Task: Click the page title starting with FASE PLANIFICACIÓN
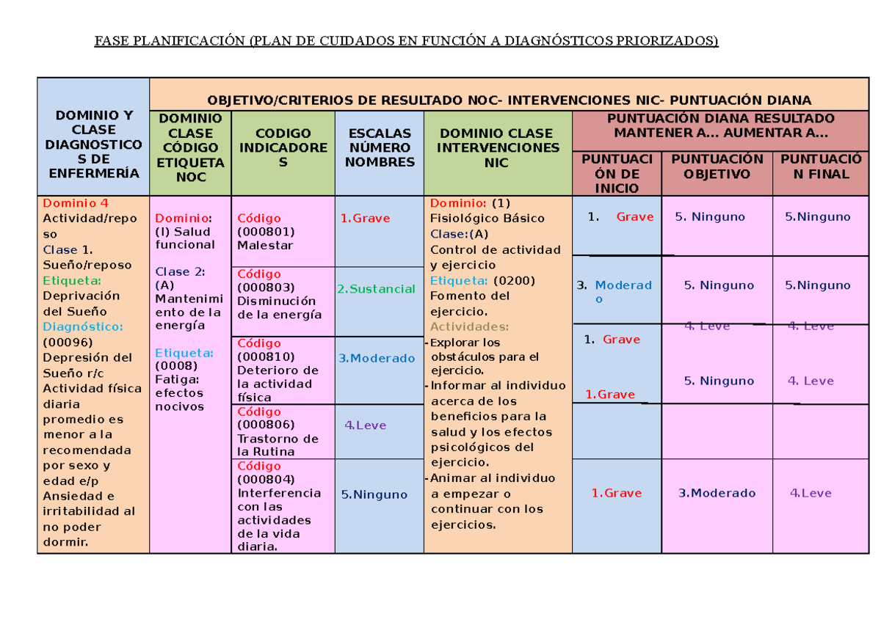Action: pyautogui.click(x=406, y=41)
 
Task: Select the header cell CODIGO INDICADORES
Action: pyautogui.click(x=283, y=147)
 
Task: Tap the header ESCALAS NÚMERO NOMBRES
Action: pyautogui.click(x=380, y=147)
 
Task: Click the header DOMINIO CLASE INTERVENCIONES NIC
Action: pyautogui.click(x=496, y=147)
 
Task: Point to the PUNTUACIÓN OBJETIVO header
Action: pyautogui.click(x=717, y=167)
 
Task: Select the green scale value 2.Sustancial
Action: pyautogui.click(x=376, y=289)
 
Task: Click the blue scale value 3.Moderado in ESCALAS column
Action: pyautogui.click(x=377, y=359)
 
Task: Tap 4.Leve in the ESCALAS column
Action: pyautogui.click(x=365, y=425)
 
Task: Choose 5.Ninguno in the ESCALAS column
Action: pyautogui.click(x=374, y=494)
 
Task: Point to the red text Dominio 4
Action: pyautogui.click(x=76, y=203)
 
